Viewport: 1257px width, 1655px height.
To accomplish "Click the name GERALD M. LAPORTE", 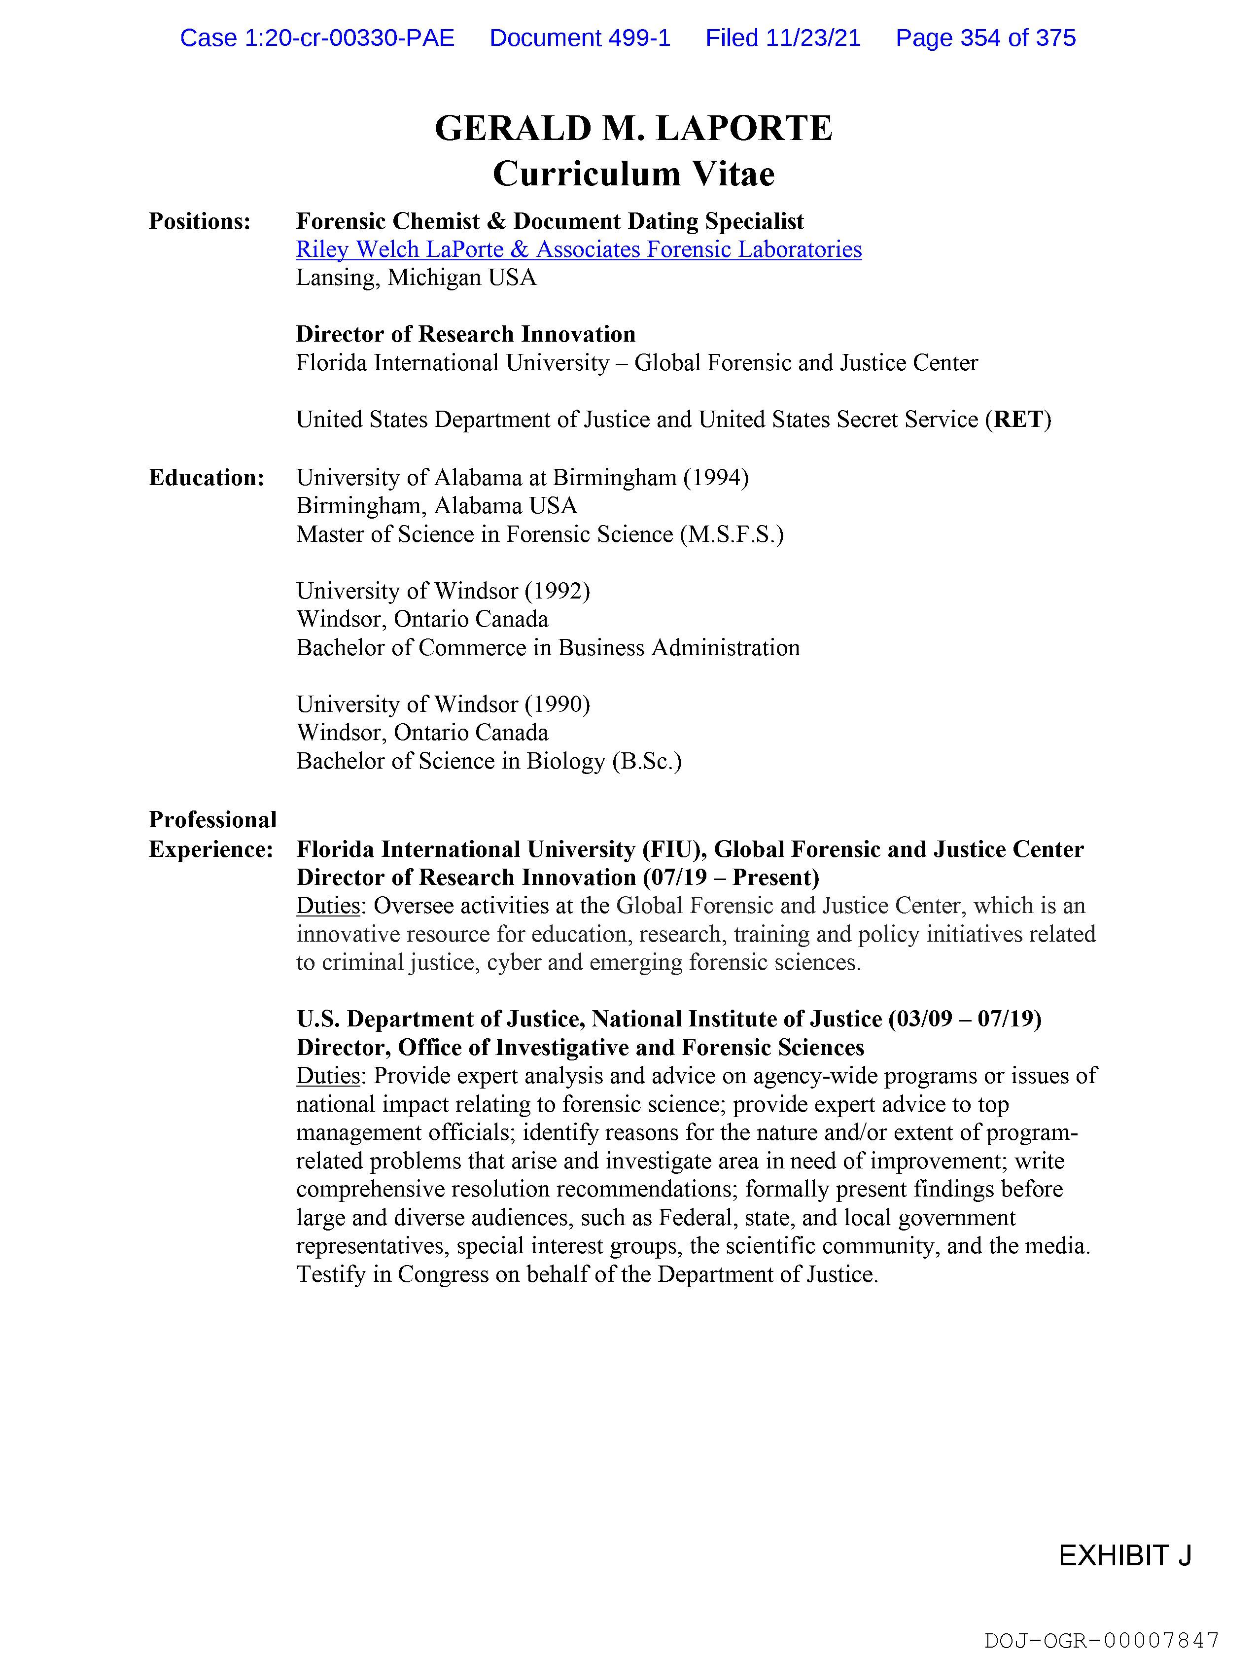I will tap(633, 128).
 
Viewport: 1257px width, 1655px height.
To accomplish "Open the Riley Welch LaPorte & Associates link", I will tap(578, 249).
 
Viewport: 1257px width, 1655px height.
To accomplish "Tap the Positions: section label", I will tap(199, 221).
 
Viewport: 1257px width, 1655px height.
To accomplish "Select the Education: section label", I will tap(207, 477).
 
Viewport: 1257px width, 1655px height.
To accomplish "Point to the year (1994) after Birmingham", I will tap(715, 477).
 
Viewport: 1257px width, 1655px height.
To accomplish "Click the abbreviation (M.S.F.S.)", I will tap(732, 534).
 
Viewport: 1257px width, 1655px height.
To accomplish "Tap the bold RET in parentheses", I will tap(1018, 420).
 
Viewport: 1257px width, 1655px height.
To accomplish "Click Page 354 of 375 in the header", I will tap(985, 37).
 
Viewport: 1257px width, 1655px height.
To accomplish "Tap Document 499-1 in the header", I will tap(580, 37).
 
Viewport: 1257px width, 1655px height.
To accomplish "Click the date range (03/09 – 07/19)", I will tap(965, 1019).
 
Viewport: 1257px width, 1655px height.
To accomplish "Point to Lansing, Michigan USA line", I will tap(416, 278).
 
